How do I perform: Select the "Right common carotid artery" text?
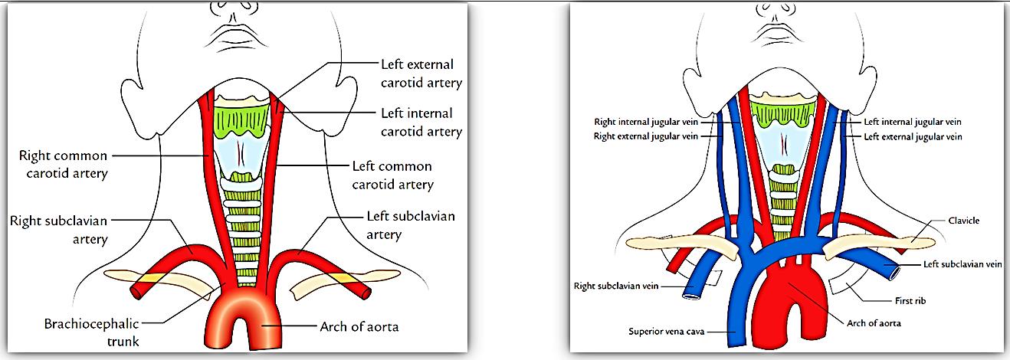pos(64,165)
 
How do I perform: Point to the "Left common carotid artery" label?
pos(392,175)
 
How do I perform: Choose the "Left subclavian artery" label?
pos(411,224)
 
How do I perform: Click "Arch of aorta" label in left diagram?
pos(359,327)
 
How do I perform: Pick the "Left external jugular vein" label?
pos(913,136)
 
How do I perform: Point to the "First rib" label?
pos(910,301)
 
